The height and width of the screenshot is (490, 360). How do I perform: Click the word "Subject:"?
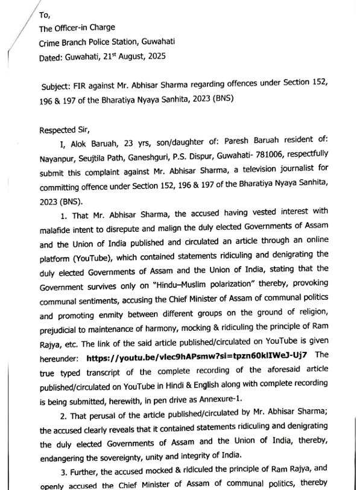tap(58, 86)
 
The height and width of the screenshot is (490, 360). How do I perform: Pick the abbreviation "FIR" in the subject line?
tap(84, 86)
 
